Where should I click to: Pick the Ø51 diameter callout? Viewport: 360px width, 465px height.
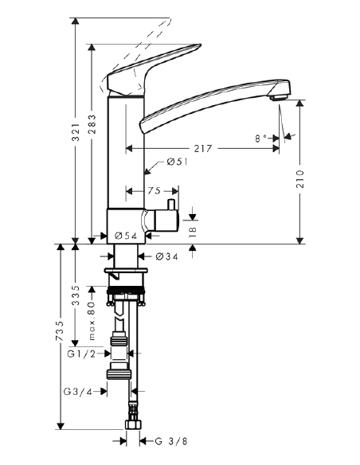(176, 163)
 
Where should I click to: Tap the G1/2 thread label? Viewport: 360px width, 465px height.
(81, 353)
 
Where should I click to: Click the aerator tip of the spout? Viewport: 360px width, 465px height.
(275, 97)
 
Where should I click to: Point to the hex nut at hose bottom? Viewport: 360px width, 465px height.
(133, 437)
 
